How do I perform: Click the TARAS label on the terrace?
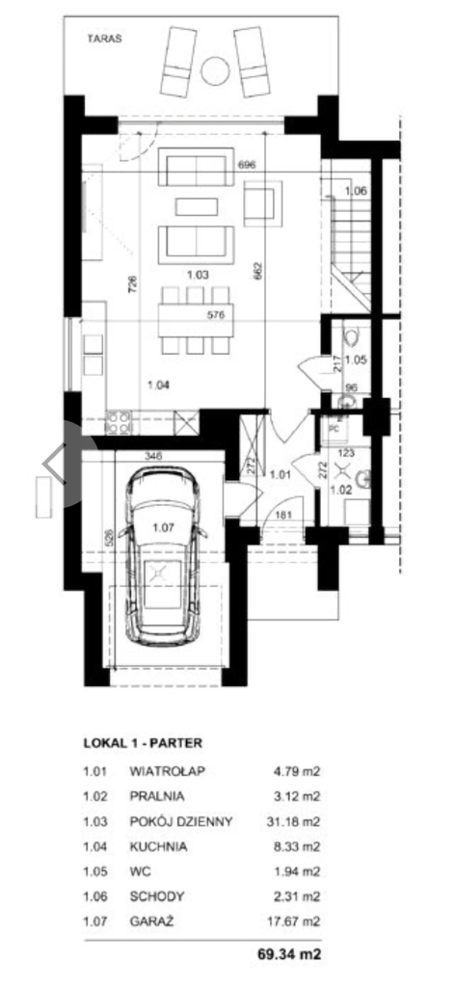tap(104, 39)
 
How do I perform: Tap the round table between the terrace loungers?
tap(215, 70)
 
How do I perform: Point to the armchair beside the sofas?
tap(263, 202)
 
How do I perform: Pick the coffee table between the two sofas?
tap(197, 206)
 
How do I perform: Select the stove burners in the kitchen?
tap(119, 422)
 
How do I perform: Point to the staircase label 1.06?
tap(355, 191)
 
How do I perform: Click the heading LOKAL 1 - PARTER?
tap(143, 743)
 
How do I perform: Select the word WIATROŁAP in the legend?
tap(168, 770)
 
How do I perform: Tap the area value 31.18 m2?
tap(293, 821)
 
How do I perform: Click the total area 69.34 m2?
tap(289, 954)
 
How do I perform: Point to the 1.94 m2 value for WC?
tap(297, 871)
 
